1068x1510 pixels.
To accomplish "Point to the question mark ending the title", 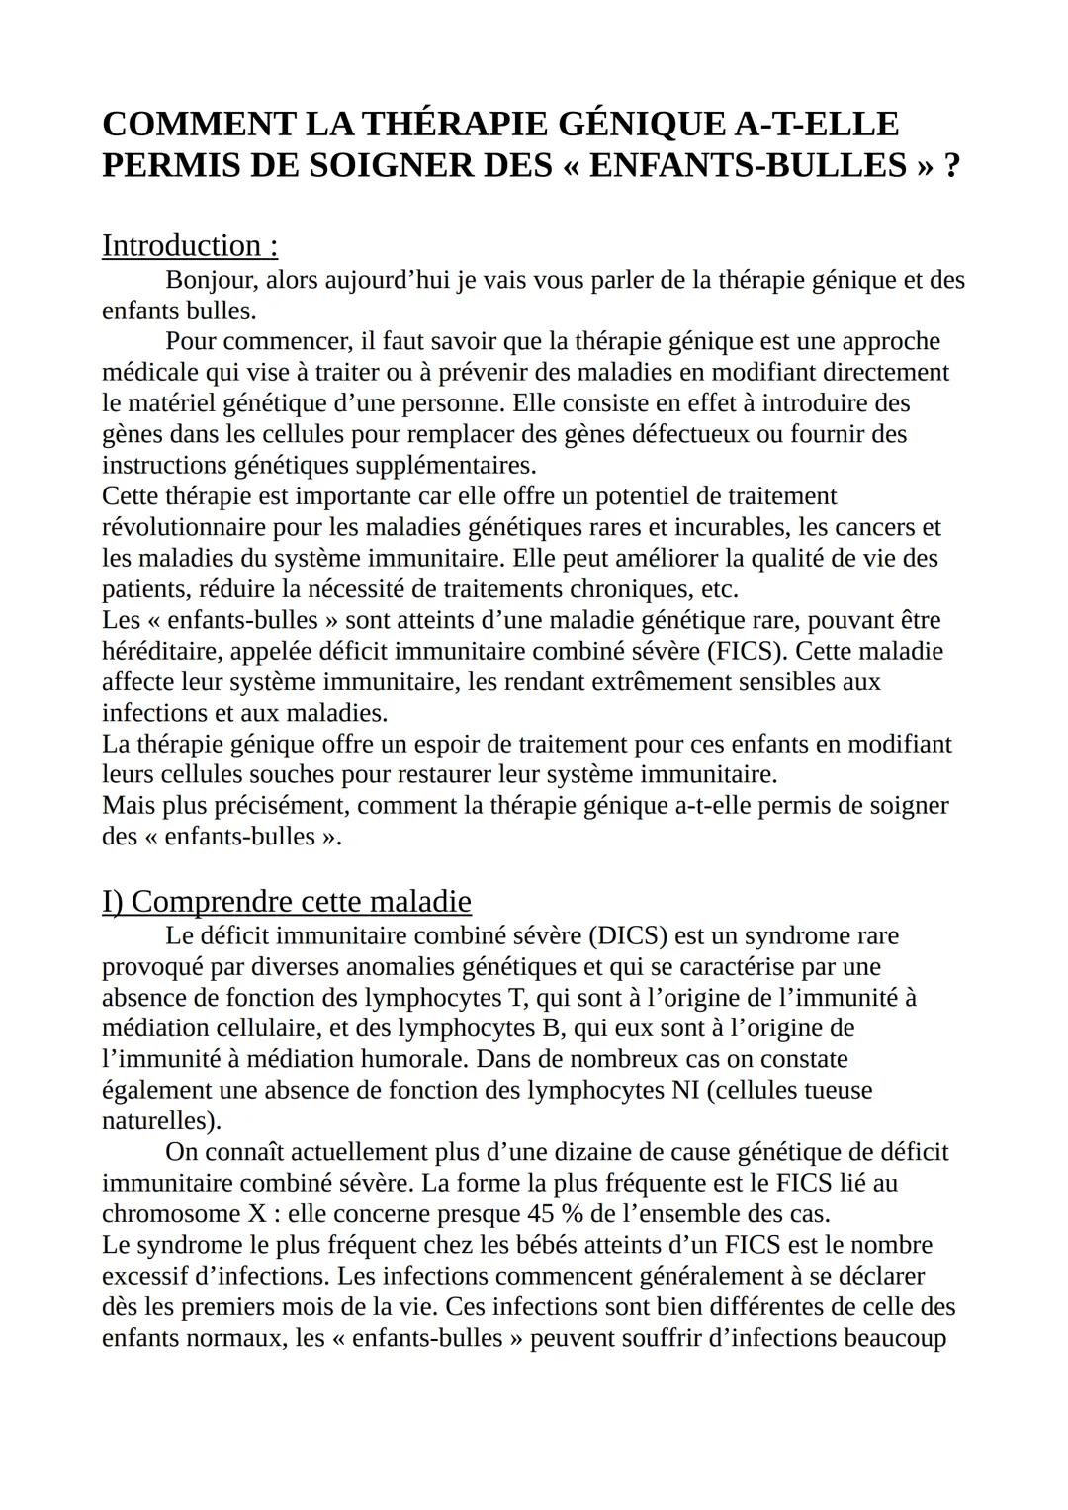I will [x=951, y=165].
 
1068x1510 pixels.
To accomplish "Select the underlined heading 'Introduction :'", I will [x=190, y=245].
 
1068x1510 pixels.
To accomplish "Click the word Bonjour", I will [x=211, y=281].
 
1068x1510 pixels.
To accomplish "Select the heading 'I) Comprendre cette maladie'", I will [x=287, y=901].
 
